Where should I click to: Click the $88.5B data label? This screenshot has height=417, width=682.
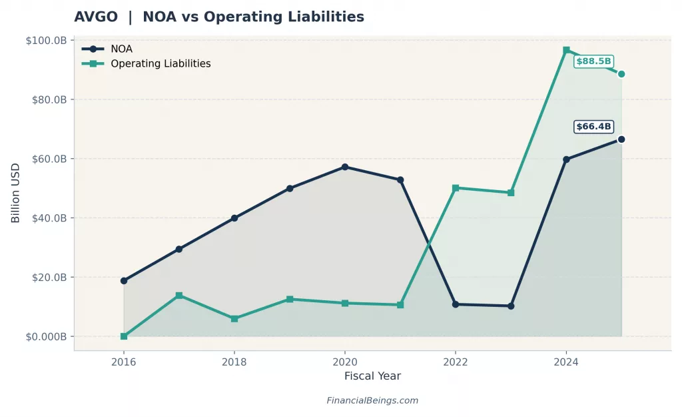pyautogui.click(x=593, y=61)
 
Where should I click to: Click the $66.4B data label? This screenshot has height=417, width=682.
pyautogui.click(x=594, y=127)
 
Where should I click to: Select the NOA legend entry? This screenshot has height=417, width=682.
pyautogui.click(x=121, y=49)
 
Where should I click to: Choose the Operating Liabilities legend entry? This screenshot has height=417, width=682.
pyautogui.click(x=160, y=64)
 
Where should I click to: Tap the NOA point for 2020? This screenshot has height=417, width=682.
pyautogui.click(x=345, y=167)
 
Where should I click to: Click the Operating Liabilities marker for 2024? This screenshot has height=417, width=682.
pyautogui.click(x=566, y=50)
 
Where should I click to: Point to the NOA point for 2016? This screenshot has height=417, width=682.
pyautogui.click(x=124, y=281)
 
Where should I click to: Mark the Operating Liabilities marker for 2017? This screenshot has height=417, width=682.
pyautogui.click(x=179, y=296)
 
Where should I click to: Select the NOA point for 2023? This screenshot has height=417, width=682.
pyautogui.click(x=511, y=306)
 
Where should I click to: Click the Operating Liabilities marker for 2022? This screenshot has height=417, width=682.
pyautogui.click(x=456, y=188)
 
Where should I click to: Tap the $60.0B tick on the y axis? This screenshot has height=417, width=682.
pyautogui.click(x=48, y=159)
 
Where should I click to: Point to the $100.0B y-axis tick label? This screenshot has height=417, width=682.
pyautogui.click(x=46, y=41)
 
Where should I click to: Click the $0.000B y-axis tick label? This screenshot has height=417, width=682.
pyautogui.click(x=46, y=337)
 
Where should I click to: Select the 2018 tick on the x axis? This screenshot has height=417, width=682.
pyautogui.click(x=234, y=362)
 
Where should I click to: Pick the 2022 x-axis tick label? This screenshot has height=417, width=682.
pyautogui.click(x=456, y=362)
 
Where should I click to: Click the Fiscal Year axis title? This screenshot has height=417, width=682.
pyautogui.click(x=372, y=376)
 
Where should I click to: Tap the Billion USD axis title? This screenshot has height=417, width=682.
pyautogui.click(x=16, y=193)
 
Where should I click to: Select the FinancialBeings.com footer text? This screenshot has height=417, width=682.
pyautogui.click(x=372, y=401)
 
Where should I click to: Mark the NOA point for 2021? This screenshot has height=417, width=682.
pyautogui.click(x=400, y=180)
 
